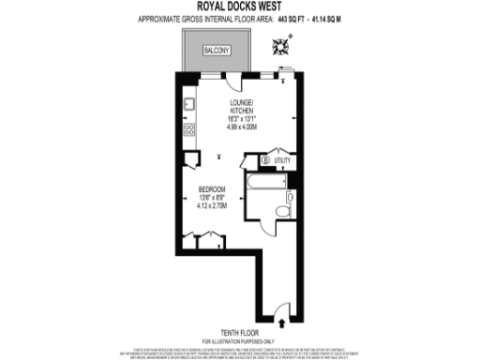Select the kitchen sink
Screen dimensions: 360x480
coord(187,104)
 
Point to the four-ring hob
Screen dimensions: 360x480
coord(187,130)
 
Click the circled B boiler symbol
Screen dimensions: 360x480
coord(265,160)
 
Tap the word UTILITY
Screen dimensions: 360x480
coord(282,160)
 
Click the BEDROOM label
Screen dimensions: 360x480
coord(212,188)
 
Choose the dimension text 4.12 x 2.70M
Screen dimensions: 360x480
coord(212,206)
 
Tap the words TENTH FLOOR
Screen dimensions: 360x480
coord(240,332)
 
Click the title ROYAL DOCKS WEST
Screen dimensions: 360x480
coord(240,7)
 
